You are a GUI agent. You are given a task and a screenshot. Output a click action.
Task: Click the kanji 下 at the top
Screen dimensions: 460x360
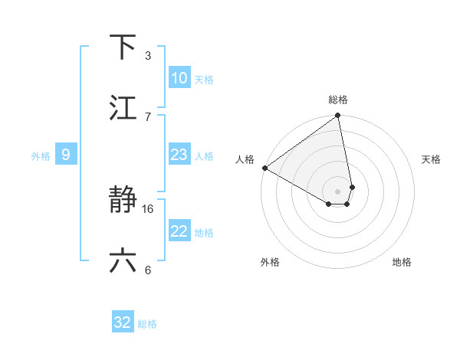pyautogui.click(x=123, y=47)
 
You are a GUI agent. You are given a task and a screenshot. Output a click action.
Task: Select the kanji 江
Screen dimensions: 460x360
pyautogui.click(x=123, y=108)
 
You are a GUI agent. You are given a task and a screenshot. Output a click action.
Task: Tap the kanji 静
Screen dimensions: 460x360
pyautogui.click(x=123, y=201)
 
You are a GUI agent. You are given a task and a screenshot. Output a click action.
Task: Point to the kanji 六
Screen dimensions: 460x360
pyautogui.click(x=123, y=261)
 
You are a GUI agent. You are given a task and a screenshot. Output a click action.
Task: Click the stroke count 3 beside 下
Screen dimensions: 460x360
pyautogui.click(x=148, y=55)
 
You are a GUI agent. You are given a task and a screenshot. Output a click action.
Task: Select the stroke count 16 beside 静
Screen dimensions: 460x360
pyautogui.click(x=149, y=208)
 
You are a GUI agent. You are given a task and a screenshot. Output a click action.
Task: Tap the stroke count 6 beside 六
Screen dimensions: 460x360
pyautogui.click(x=148, y=269)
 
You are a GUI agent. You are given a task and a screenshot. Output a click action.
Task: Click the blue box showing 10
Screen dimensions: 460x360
pyautogui.click(x=179, y=78)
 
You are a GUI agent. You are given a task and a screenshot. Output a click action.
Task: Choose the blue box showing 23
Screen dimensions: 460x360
pyautogui.click(x=179, y=155)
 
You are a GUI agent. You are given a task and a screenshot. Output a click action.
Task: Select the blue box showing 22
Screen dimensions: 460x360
pyautogui.click(x=179, y=231)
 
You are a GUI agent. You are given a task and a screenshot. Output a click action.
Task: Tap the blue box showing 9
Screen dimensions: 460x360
pyautogui.click(x=66, y=155)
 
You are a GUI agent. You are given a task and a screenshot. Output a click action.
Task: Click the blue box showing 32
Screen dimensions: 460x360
pyautogui.click(x=123, y=322)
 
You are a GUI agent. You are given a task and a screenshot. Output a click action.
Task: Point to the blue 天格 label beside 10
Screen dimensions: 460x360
pyautogui.click(x=204, y=80)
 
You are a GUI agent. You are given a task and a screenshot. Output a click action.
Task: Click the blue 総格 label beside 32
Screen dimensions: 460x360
pyautogui.click(x=147, y=324)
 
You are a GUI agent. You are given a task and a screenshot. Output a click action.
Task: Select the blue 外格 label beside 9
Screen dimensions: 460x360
pyautogui.click(x=41, y=156)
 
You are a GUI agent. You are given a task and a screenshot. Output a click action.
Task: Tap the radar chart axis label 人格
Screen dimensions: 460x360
pyautogui.click(x=245, y=159)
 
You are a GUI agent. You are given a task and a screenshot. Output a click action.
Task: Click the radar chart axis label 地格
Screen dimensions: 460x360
pyautogui.click(x=402, y=262)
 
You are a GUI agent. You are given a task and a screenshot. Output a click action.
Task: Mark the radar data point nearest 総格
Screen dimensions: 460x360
pyautogui.click(x=338, y=116)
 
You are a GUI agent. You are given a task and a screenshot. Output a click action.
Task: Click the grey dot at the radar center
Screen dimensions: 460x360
pyautogui.click(x=338, y=191)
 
